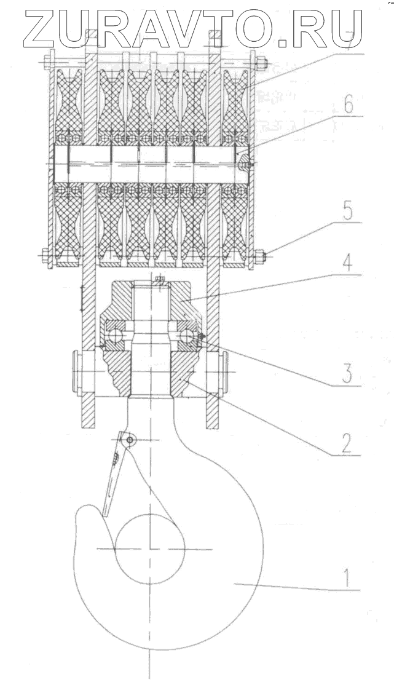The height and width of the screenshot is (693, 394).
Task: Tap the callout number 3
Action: (x=348, y=372)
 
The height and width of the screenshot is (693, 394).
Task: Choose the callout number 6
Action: (x=348, y=106)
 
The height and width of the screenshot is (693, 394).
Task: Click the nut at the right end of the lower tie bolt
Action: (x=261, y=253)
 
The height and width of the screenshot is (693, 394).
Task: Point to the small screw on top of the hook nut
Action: (x=159, y=281)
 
